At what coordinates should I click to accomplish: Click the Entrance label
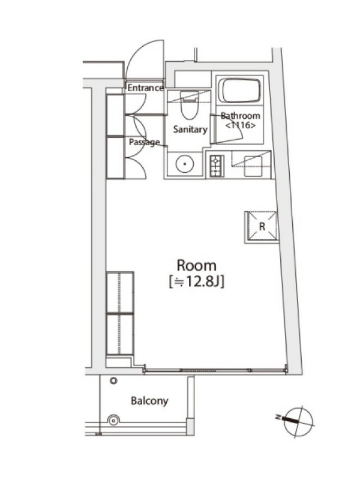pos(145,88)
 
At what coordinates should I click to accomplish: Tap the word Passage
pos(144,142)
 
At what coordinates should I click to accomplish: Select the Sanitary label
pos(190,129)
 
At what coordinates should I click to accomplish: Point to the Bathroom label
pos(241,116)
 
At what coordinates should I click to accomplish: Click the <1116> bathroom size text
pos(241,125)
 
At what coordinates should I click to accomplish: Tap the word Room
pos(197,265)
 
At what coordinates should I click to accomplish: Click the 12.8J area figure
pos(197,282)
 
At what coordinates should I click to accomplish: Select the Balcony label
pos(149,401)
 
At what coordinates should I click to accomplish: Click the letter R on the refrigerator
pos(262,227)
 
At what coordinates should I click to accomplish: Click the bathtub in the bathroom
pos(241,91)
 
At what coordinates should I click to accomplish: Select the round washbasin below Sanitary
pos(185,164)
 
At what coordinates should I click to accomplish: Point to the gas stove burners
pos(217,166)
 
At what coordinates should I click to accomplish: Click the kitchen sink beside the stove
pos(253,166)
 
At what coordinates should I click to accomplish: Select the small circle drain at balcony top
pos(113,381)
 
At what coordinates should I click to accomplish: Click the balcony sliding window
pos(215,370)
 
